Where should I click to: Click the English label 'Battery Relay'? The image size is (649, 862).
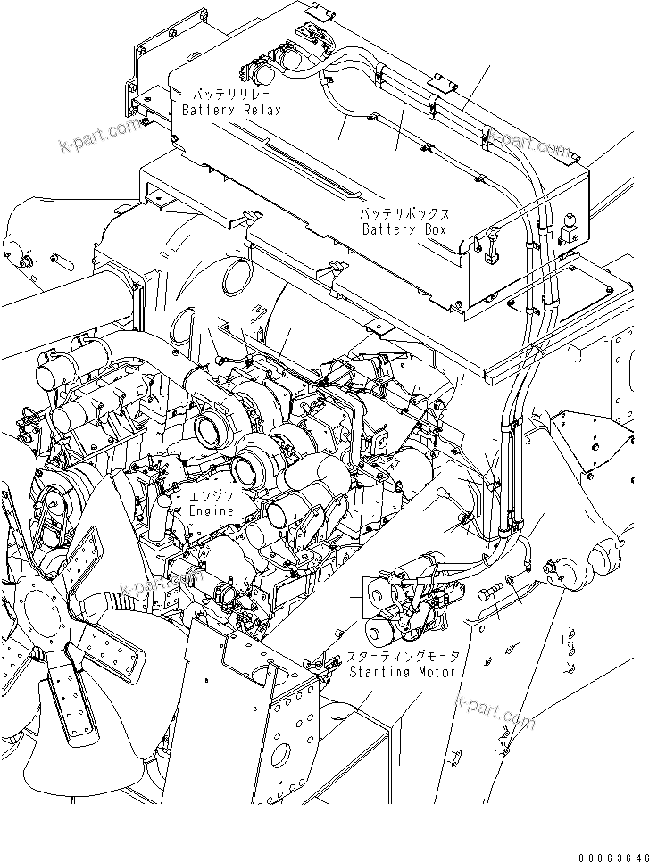tap(230, 110)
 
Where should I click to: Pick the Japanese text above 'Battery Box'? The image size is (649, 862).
tap(404, 215)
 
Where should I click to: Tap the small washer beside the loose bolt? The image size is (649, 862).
tap(508, 580)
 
